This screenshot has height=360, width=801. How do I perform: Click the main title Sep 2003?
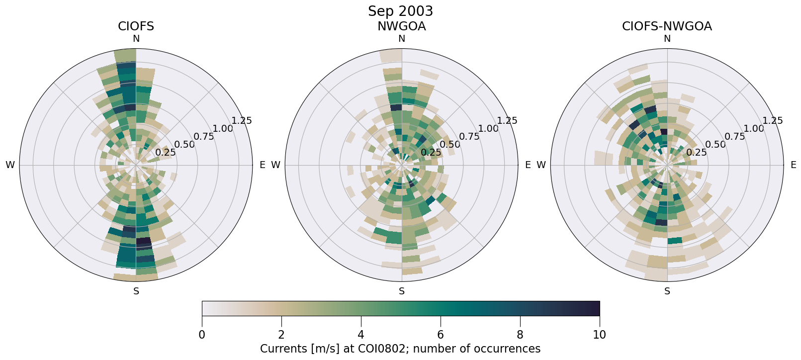click(400, 11)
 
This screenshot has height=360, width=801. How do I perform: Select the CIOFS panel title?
click(136, 26)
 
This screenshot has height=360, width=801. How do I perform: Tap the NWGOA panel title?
click(401, 26)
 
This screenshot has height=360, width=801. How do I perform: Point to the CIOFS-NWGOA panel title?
click(667, 26)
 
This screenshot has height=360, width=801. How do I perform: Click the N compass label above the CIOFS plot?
click(136, 39)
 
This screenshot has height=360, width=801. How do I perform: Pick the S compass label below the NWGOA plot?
click(402, 291)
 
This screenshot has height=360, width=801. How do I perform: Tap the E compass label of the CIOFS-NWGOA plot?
click(793, 165)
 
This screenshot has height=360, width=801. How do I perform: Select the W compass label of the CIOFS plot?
click(10, 165)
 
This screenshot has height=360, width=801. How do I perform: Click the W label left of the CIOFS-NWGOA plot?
click(541, 165)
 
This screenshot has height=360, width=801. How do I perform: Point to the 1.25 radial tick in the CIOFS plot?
click(242, 121)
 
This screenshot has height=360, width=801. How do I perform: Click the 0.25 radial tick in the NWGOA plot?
click(431, 153)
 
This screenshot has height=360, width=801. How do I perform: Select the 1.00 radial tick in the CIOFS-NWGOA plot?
click(754, 129)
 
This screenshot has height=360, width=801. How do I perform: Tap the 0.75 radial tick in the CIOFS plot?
click(203, 137)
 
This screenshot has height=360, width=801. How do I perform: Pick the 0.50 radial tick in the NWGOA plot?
click(450, 145)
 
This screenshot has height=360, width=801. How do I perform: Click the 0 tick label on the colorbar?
click(202, 335)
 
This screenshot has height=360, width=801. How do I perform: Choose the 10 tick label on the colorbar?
click(600, 335)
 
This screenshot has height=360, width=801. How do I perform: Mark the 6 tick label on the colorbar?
click(441, 335)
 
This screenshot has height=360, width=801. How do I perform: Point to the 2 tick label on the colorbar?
click(281, 335)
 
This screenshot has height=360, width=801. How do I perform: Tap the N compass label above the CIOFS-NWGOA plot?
click(667, 39)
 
